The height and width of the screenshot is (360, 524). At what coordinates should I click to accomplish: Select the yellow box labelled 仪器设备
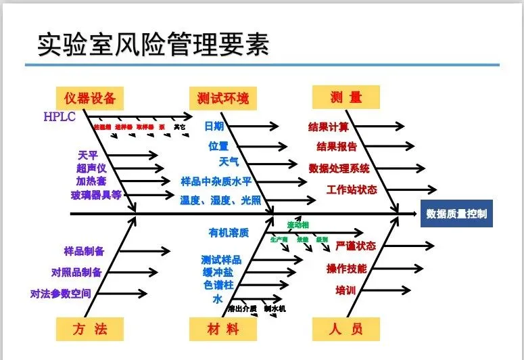point(91,97)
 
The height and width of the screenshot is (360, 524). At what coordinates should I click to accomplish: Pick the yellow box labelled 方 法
point(91,330)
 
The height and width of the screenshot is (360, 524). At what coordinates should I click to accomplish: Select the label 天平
point(88,155)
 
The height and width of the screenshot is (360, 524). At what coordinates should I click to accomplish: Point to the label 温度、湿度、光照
point(220,200)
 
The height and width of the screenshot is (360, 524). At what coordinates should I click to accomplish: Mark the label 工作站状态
point(352,189)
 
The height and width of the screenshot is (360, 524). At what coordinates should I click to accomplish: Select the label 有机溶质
point(229,233)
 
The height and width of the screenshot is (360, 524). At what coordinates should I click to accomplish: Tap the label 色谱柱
point(218,285)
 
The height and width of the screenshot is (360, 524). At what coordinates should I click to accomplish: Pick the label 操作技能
point(346,269)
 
